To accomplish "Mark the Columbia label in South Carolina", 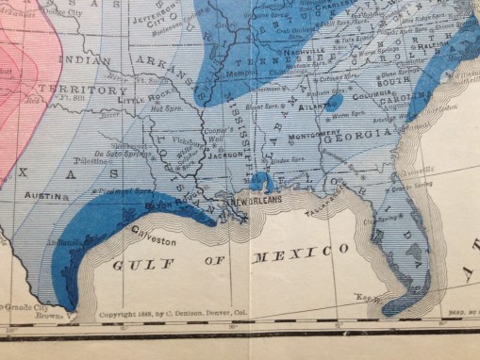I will pyautogui.click(x=372, y=94).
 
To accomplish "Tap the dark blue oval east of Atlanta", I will pyautogui.click(x=334, y=100).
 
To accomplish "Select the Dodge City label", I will pyautogui.click(x=61, y=13).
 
